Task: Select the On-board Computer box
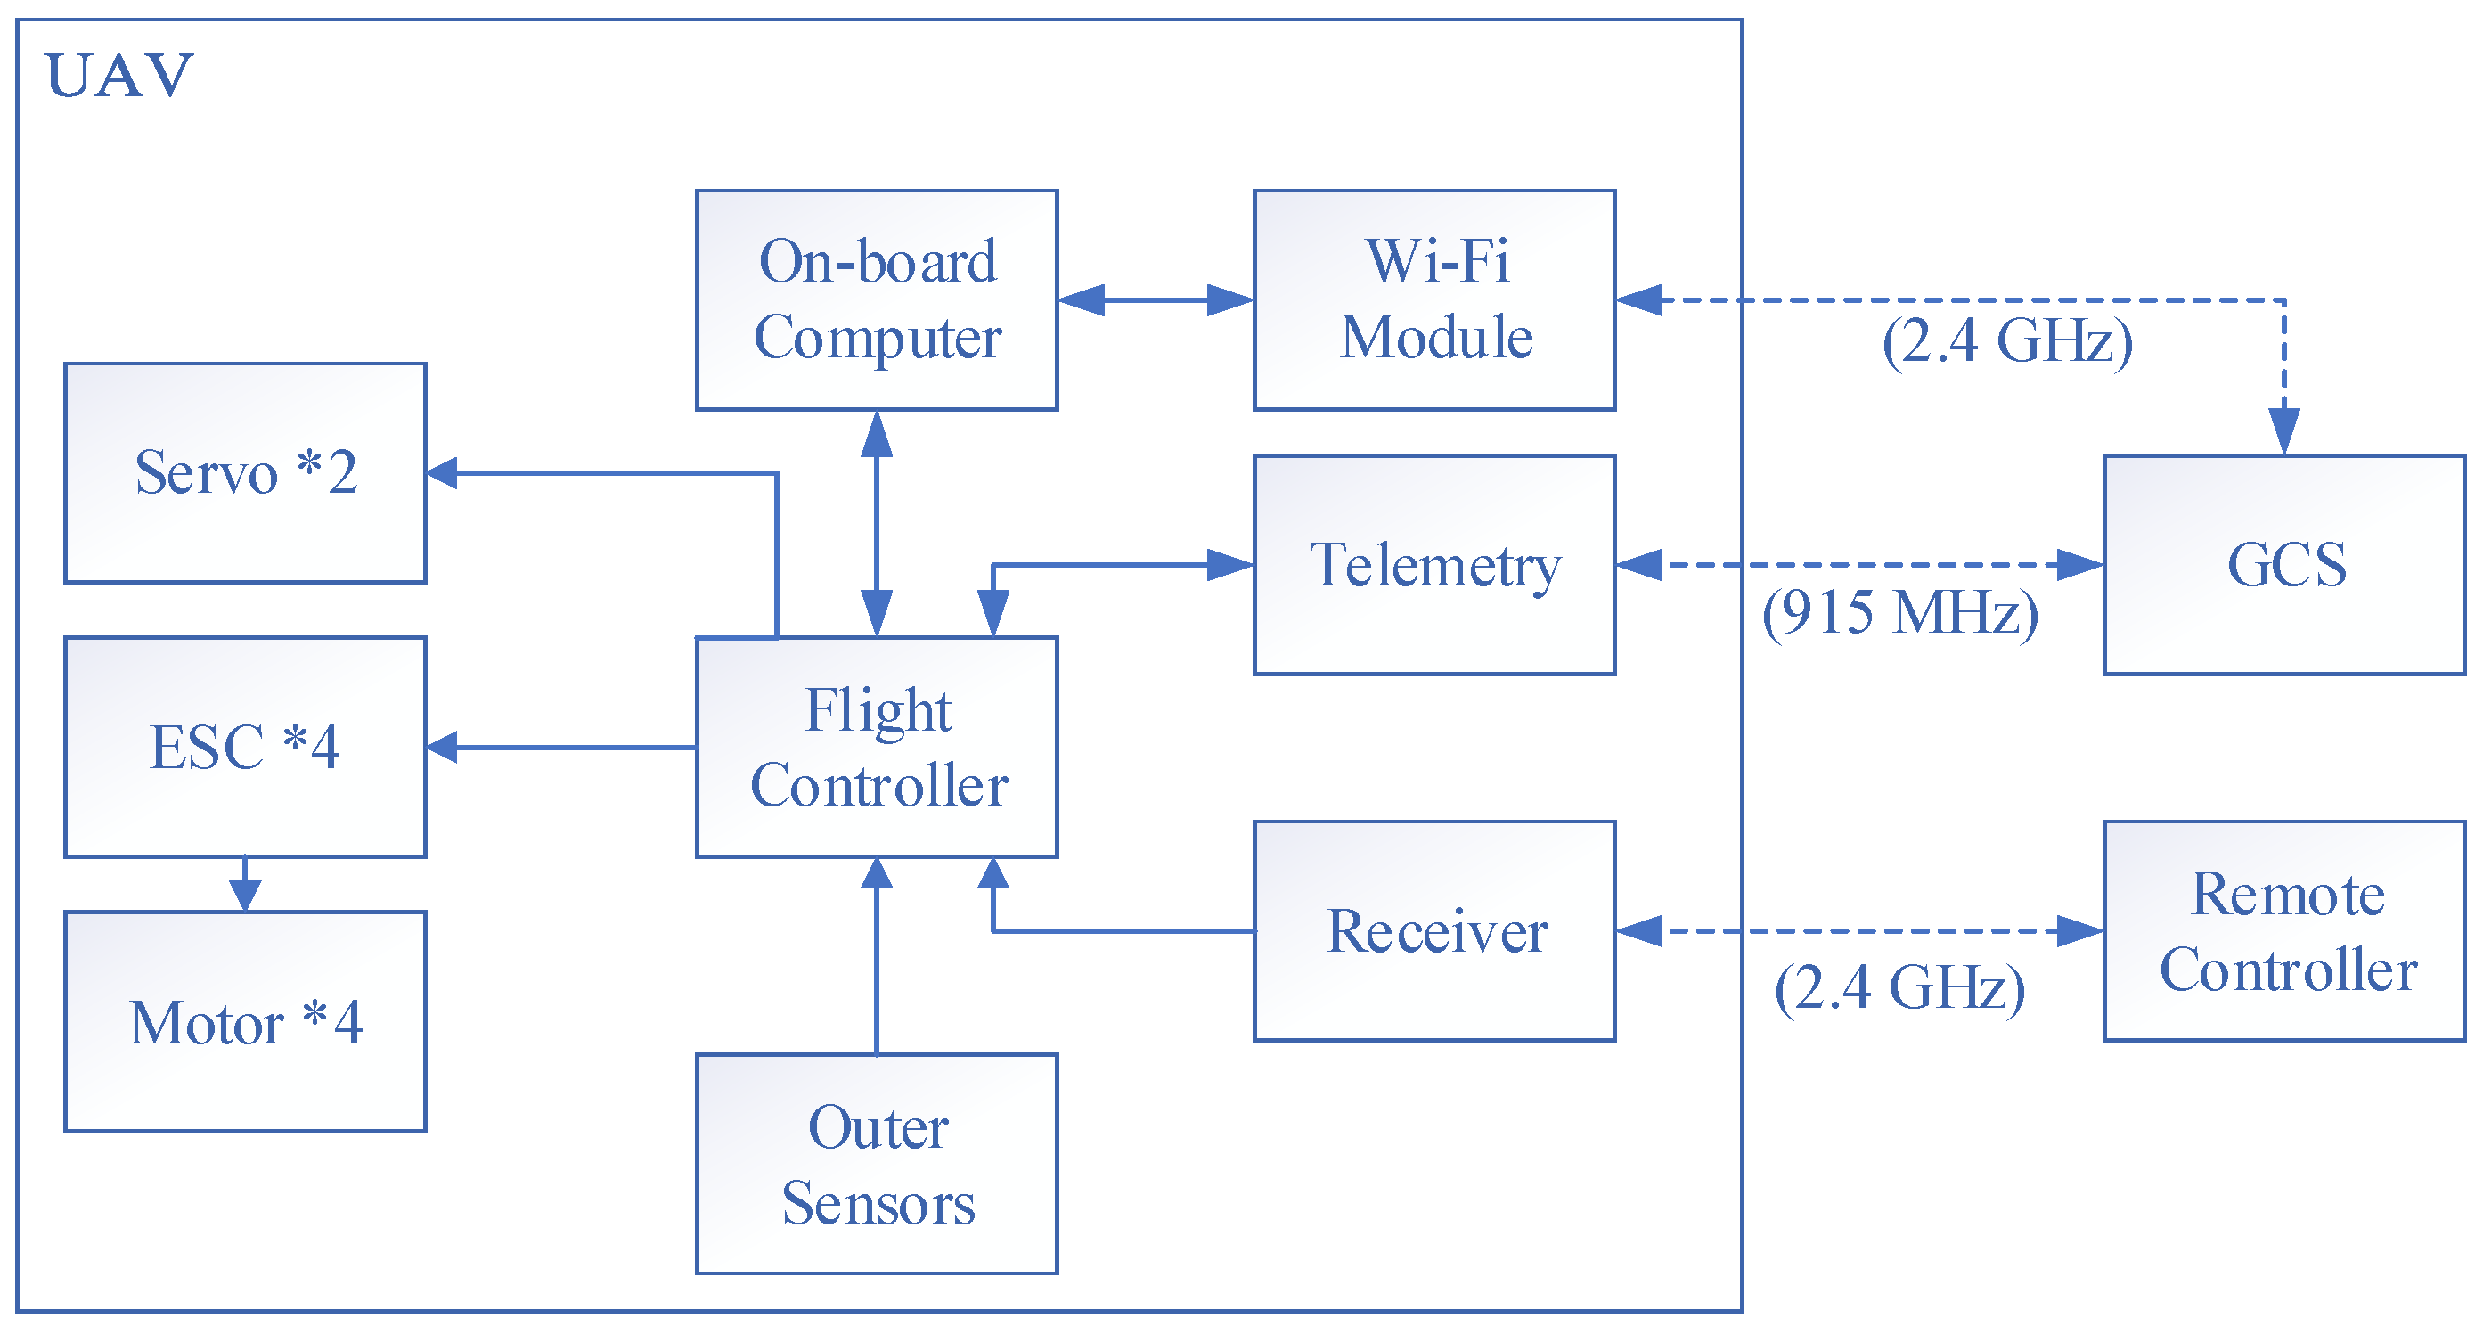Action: tap(876, 299)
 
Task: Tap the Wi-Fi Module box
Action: tap(1433, 299)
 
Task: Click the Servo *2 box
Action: tap(245, 472)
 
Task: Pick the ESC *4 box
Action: tap(245, 746)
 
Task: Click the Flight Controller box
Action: tap(876, 746)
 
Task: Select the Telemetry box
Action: tap(1433, 564)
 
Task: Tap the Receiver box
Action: tap(1433, 930)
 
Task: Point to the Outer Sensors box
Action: tap(876, 1164)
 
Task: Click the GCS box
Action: tap(2283, 564)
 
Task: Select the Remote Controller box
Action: tap(2283, 930)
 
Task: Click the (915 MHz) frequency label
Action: tap(1899, 612)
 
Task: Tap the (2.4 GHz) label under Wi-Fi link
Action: tap(2007, 341)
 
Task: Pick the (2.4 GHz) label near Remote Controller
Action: tap(1899, 987)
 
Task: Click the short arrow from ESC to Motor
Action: tap(245, 884)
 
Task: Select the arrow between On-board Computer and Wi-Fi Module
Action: tap(1155, 299)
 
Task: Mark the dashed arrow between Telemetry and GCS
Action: tap(1858, 565)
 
